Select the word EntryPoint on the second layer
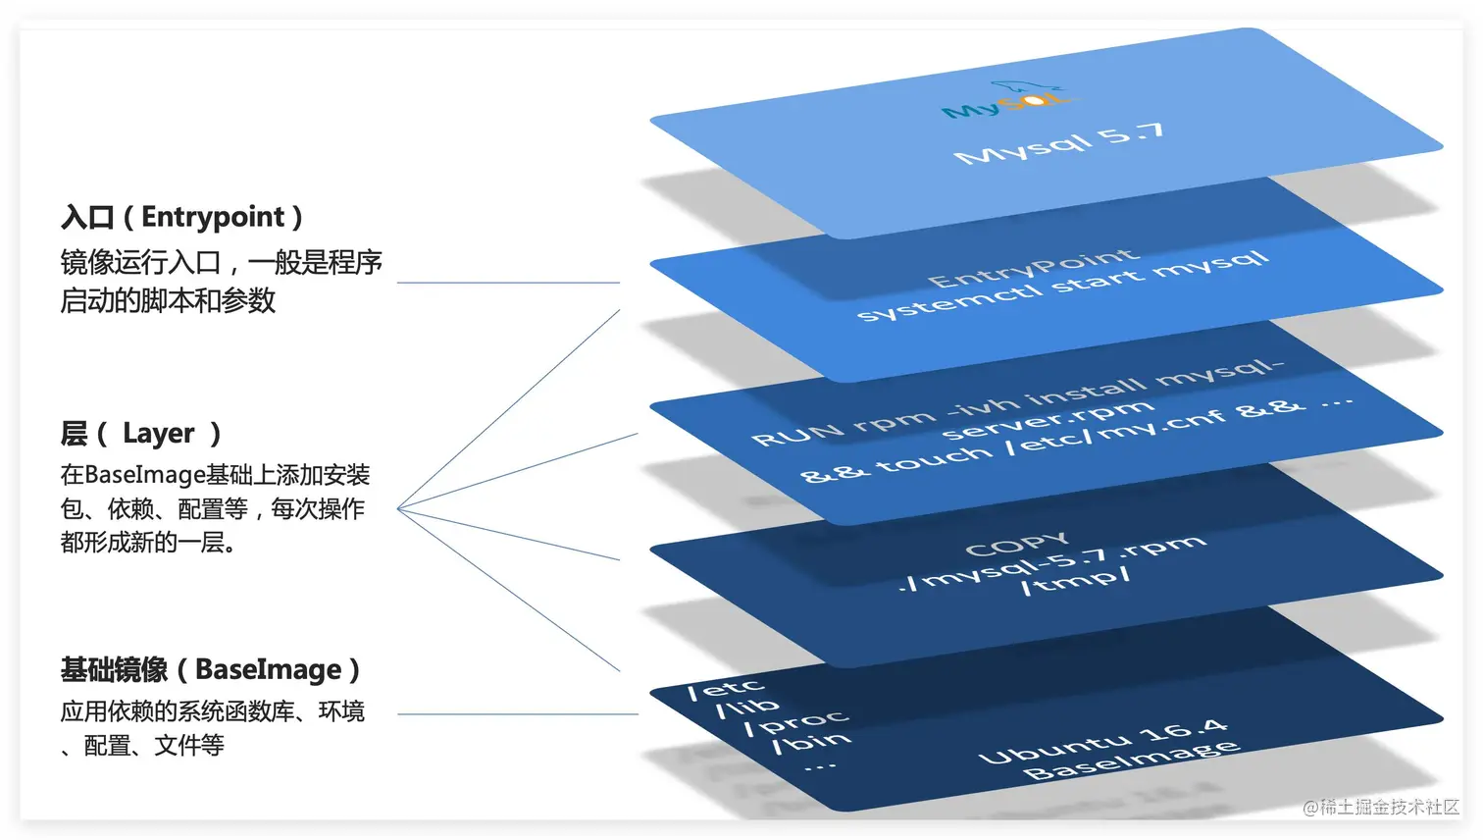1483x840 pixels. coord(1032,268)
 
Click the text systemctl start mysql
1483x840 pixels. coord(1061,287)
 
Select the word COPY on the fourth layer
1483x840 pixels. coord(1016,545)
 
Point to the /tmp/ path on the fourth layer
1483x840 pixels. coord(1075,582)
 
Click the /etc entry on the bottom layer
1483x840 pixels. coord(725,689)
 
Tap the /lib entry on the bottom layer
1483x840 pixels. coord(747,708)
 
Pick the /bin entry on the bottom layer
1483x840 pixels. coord(811,742)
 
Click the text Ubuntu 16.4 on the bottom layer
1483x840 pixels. coord(1102,742)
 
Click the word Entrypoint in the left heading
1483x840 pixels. coord(213,217)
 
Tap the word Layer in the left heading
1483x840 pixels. coord(158,433)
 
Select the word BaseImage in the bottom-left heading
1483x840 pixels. coord(268,669)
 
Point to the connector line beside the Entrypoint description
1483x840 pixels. coord(508,283)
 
